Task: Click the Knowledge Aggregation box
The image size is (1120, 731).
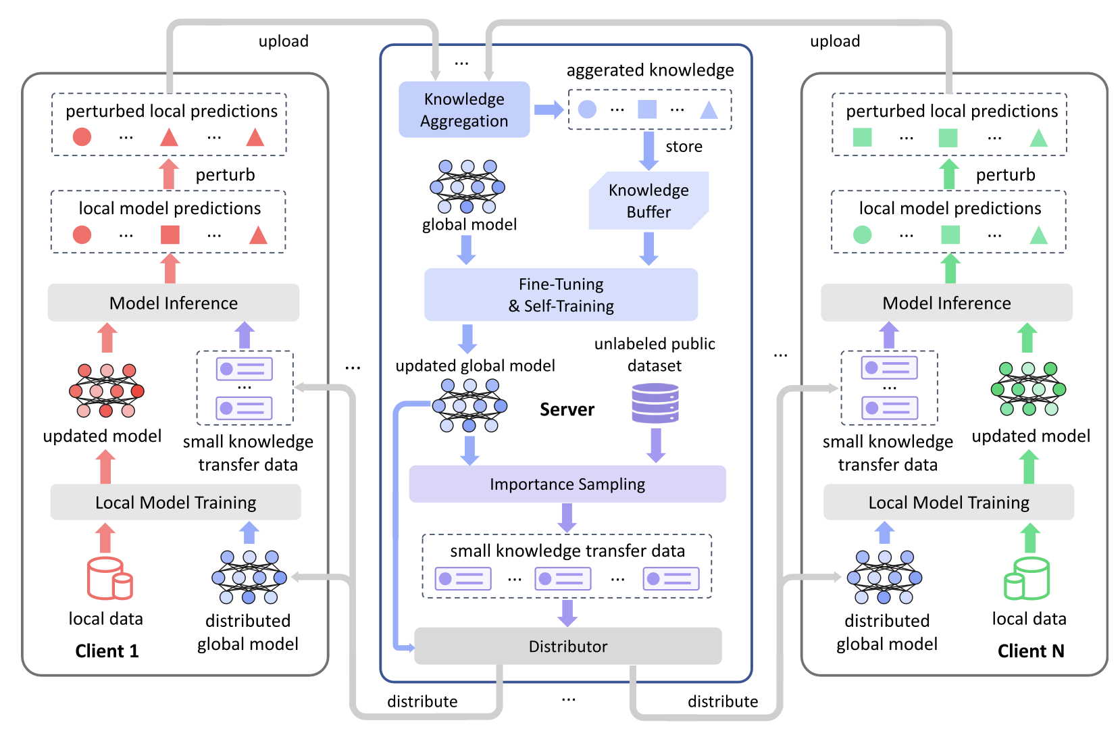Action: (x=464, y=109)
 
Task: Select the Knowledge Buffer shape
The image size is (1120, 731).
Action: (x=648, y=201)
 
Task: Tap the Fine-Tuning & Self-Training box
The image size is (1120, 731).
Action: (x=561, y=295)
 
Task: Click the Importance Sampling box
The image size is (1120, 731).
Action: (x=567, y=484)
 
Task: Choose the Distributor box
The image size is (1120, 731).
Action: (x=567, y=646)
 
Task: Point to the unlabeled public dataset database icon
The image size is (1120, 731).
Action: (x=655, y=403)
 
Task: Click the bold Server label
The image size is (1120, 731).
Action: (x=567, y=409)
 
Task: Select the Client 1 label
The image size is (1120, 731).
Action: (x=107, y=651)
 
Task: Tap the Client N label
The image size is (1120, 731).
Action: (x=1031, y=651)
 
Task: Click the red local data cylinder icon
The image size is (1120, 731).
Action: (x=109, y=578)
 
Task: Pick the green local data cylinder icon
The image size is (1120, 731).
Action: (x=1027, y=578)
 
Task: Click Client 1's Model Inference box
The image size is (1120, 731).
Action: (x=174, y=303)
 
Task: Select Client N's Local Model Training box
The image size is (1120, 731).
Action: (x=948, y=502)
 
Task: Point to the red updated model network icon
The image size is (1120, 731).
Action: (x=107, y=390)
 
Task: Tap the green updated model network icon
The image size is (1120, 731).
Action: (x=1028, y=389)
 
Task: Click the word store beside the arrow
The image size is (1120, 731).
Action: (x=684, y=147)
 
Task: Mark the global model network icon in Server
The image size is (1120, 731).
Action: (x=467, y=186)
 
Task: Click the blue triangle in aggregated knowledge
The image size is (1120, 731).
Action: (x=709, y=109)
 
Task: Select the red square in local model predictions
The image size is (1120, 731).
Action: (x=170, y=234)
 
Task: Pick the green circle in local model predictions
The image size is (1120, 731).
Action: (x=862, y=234)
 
